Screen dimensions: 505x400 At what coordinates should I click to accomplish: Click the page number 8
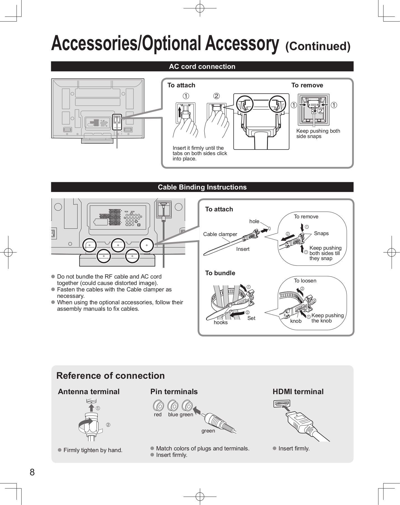(x=32, y=472)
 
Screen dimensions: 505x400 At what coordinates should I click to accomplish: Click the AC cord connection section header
(x=202, y=67)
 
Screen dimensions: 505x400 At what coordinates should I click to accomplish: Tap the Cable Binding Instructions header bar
(x=202, y=187)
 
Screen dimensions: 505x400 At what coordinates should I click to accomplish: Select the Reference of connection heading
(x=111, y=376)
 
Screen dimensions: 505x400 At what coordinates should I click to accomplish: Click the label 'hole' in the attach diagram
(x=254, y=221)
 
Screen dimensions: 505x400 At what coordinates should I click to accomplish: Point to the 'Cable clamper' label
(x=220, y=234)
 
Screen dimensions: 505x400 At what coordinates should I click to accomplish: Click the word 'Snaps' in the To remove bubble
(x=321, y=233)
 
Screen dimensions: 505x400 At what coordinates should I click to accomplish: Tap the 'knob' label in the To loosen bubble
(x=296, y=321)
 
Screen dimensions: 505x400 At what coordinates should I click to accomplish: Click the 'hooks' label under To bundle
(x=221, y=322)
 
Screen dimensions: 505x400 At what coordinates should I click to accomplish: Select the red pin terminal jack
(x=158, y=406)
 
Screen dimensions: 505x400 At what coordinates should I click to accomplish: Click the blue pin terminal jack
(x=173, y=406)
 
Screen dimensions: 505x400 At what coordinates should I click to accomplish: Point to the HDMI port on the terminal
(x=282, y=404)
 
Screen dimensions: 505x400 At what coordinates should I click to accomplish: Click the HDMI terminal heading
(x=298, y=392)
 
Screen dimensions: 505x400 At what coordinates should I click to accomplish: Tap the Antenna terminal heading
(x=89, y=392)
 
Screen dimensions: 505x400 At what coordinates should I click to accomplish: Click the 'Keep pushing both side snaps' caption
(x=318, y=134)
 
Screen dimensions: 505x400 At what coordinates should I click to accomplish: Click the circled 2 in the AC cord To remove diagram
(x=321, y=111)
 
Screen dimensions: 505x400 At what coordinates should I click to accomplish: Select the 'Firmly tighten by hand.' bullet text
(x=93, y=450)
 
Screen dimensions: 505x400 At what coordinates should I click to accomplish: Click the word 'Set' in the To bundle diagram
(x=251, y=318)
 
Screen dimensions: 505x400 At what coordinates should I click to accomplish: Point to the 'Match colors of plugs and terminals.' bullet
(x=202, y=448)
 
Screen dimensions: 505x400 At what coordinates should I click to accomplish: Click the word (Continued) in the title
(x=318, y=46)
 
